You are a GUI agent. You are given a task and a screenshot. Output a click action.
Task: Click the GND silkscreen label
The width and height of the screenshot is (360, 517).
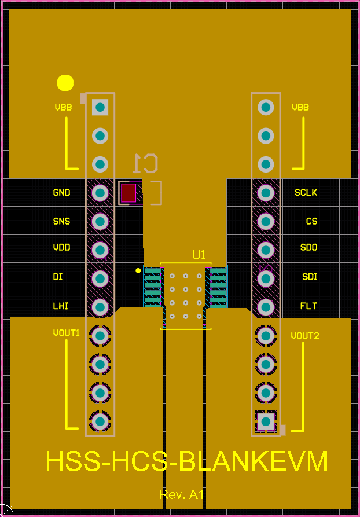pos(61,192)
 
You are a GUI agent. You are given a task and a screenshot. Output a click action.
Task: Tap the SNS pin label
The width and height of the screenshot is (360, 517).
pos(61,221)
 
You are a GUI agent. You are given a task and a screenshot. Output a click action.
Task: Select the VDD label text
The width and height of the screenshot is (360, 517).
pos(61,247)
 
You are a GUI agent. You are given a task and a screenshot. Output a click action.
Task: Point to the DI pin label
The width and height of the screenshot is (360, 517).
pos(58,277)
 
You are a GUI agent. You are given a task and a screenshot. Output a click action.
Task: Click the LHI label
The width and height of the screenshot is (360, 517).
pos(61,306)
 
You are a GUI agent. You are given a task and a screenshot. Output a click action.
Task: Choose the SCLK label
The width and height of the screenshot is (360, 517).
pos(306,192)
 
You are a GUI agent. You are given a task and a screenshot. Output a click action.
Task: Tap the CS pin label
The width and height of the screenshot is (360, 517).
pos(312,221)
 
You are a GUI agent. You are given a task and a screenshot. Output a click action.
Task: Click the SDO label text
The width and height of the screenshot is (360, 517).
pos(308,247)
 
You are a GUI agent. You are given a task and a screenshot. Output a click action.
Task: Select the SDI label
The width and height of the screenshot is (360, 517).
pos(310,277)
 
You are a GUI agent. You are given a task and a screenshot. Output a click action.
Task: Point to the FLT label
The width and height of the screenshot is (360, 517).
pos(308,306)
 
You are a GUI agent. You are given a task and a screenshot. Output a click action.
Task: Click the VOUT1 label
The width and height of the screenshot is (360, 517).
pos(66,333)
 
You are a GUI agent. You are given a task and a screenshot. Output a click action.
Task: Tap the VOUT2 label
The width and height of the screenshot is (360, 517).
pos(305,336)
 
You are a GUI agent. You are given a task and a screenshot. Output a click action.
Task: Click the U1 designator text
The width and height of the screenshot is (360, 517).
pos(199,255)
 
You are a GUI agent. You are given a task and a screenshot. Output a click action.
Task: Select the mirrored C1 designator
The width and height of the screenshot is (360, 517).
pos(145,163)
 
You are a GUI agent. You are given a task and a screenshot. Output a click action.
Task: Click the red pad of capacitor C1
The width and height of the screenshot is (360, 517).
pos(128,193)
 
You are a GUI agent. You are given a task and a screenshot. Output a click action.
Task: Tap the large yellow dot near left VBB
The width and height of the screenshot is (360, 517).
pos(65,83)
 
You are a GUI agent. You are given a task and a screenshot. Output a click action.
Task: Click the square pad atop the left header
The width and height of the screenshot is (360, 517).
pos(100,107)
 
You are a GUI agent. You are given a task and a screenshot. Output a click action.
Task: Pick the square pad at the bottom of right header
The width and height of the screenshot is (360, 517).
pos(266,421)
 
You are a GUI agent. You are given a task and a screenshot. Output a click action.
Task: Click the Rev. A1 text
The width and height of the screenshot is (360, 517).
pos(182,494)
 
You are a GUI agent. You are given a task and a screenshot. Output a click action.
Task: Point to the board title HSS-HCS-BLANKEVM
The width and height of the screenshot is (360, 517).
pos(187,461)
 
